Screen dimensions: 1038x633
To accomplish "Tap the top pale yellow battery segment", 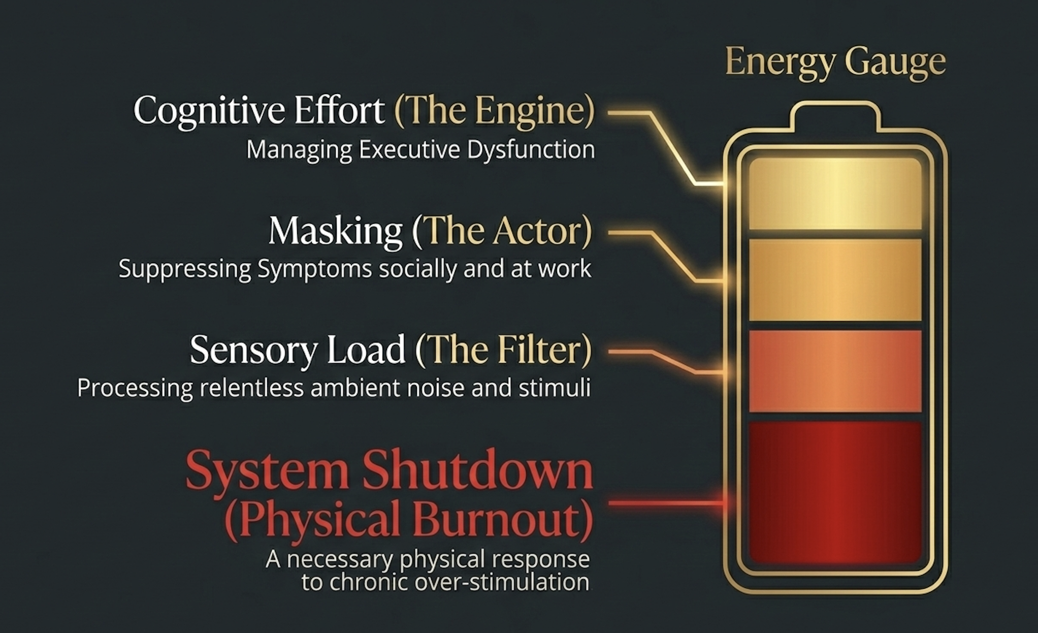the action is tap(835, 194).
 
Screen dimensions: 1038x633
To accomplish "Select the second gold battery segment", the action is tap(835, 279).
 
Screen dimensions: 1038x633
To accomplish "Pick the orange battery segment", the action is tap(835, 371).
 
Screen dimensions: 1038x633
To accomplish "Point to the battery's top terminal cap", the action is tap(835, 115).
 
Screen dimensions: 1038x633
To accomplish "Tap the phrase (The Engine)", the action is tap(494, 111).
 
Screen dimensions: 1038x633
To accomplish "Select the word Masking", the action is tap(336, 231).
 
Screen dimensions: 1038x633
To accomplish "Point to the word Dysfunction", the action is tap(531, 150).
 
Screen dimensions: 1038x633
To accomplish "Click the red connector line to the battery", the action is tap(665, 503).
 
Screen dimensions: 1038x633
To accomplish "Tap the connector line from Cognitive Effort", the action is tap(670, 147).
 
